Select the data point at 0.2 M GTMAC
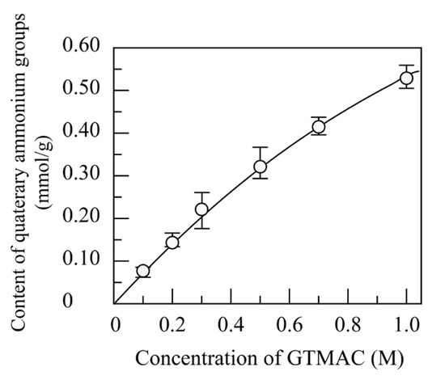click(x=172, y=242)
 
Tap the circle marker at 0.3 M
click(x=201, y=209)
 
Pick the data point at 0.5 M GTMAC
click(x=260, y=167)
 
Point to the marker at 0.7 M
click(x=319, y=126)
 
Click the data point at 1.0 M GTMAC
click(x=407, y=78)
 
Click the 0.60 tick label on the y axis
click(x=81, y=48)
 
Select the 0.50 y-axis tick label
click(x=81, y=90)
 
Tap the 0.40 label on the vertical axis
click(x=81, y=133)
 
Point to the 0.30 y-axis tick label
click(x=81, y=175)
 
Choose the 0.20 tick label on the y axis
click(x=81, y=218)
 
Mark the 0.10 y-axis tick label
click(x=81, y=260)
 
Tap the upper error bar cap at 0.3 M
click(x=201, y=192)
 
